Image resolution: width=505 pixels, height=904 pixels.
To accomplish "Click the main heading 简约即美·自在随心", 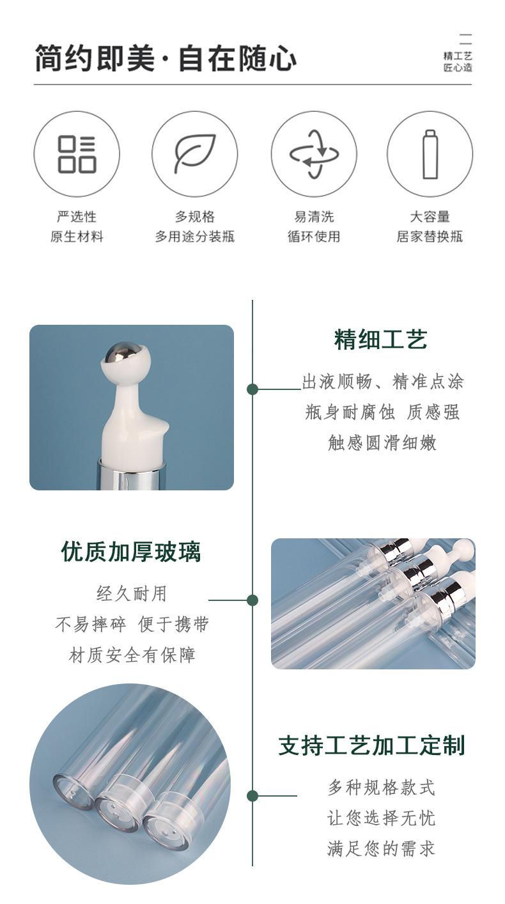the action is tap(165, 59).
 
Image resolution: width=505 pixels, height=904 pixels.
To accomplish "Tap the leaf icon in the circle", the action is tap(194, 154).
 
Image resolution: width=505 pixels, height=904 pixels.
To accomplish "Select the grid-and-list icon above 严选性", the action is tap(77, 154).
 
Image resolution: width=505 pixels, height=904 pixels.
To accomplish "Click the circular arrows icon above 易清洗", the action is tap(313, 154).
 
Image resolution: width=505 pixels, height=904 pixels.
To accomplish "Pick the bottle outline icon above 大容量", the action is tap(430, 154).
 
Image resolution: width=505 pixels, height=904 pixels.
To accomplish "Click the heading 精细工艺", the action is tap(380, 339).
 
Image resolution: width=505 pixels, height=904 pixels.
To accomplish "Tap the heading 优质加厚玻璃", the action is tap(131, 551).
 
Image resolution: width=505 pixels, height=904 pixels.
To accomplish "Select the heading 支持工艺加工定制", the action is tap(371, 745).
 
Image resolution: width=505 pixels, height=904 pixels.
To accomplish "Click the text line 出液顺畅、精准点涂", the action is tap(382, 382).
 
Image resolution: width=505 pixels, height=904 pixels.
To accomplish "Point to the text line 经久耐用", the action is tap(131, 594).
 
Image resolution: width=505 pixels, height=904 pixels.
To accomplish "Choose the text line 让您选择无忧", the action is tap(381, 818).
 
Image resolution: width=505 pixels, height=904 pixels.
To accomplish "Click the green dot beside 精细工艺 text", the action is tap(252, 389).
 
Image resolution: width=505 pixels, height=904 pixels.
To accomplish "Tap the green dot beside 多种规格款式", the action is tap(252, 796).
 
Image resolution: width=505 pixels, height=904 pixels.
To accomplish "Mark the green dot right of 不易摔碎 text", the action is tap(252, 600).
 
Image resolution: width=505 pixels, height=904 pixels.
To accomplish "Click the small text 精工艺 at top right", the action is tap(458, 56).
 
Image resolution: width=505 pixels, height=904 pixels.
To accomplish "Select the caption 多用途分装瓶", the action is tap(194, 237).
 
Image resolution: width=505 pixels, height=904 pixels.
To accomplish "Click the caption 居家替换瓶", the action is tap(430, 237).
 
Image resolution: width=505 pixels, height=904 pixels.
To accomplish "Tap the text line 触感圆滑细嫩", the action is tap(382, 442).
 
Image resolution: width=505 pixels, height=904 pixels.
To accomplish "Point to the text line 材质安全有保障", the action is tap(132, 655).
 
